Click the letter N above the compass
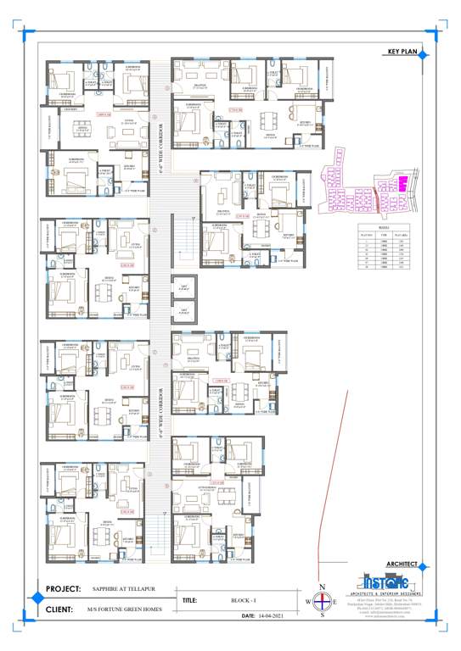point(322,587)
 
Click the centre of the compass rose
point(322,603)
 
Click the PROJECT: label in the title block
point(63,588)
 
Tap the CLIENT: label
point(59,609)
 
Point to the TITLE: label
point(189,600)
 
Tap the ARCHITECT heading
point(402,563)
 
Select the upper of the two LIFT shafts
point(184,288)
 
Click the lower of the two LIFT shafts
point(184,313)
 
